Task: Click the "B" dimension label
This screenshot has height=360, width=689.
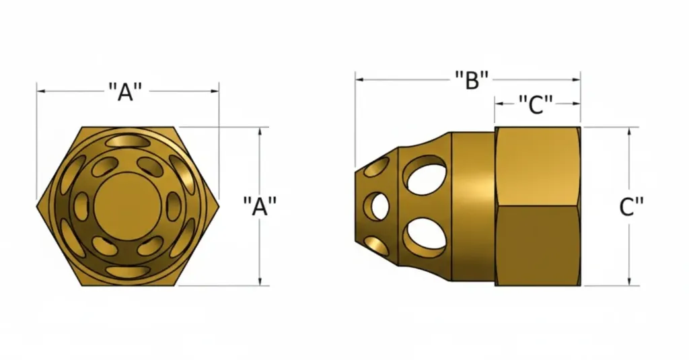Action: (x=471, y=79)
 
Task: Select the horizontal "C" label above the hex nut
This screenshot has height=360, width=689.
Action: (x=536, y=104)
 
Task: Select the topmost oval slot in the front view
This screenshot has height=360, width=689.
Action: (x=127, y=140)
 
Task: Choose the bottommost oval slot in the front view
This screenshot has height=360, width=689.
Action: (x=127, y=271)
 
